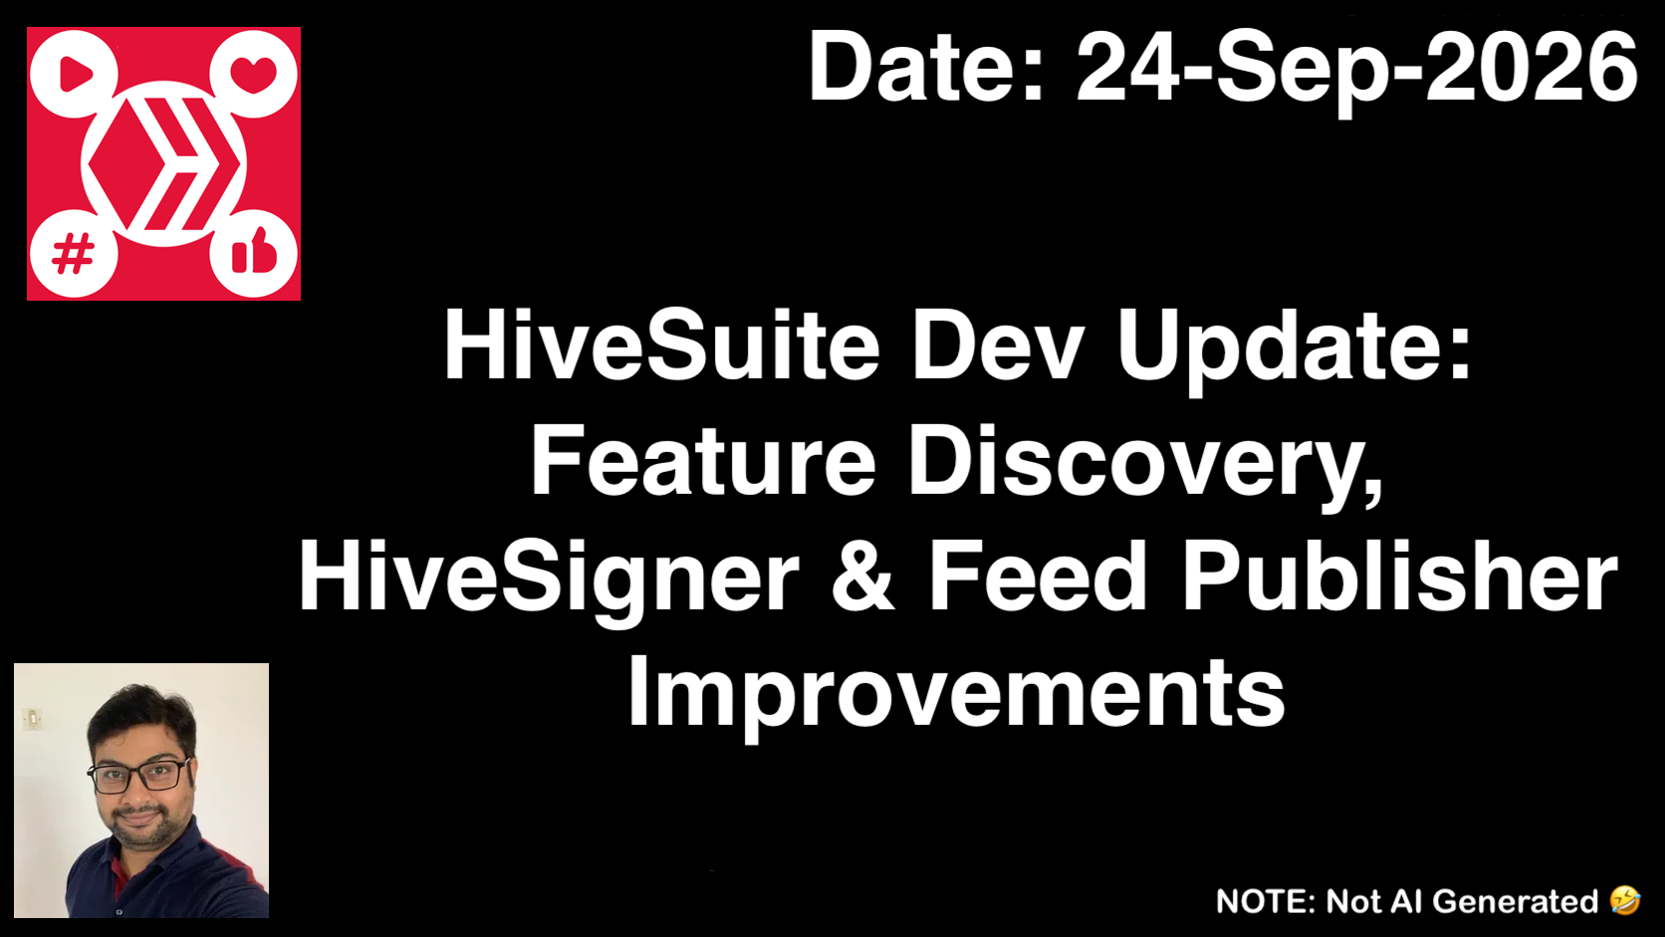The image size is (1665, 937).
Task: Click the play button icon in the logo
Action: (75, 74)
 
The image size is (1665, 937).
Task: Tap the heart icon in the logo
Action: (254, 74)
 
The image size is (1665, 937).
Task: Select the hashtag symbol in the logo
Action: (73, 253)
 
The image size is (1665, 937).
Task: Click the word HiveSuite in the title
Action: (662, 346)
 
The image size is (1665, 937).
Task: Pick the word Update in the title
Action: (1295, 350)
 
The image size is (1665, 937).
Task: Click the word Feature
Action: (703, 461)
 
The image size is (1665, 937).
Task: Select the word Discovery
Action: (1146, 466)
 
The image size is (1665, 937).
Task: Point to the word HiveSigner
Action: (550, 580)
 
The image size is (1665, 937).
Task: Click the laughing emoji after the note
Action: (1625, 900)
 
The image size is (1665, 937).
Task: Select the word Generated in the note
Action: (1515, 901)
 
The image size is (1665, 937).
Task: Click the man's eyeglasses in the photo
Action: (139, 776)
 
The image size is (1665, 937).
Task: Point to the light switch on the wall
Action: (32, 719)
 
